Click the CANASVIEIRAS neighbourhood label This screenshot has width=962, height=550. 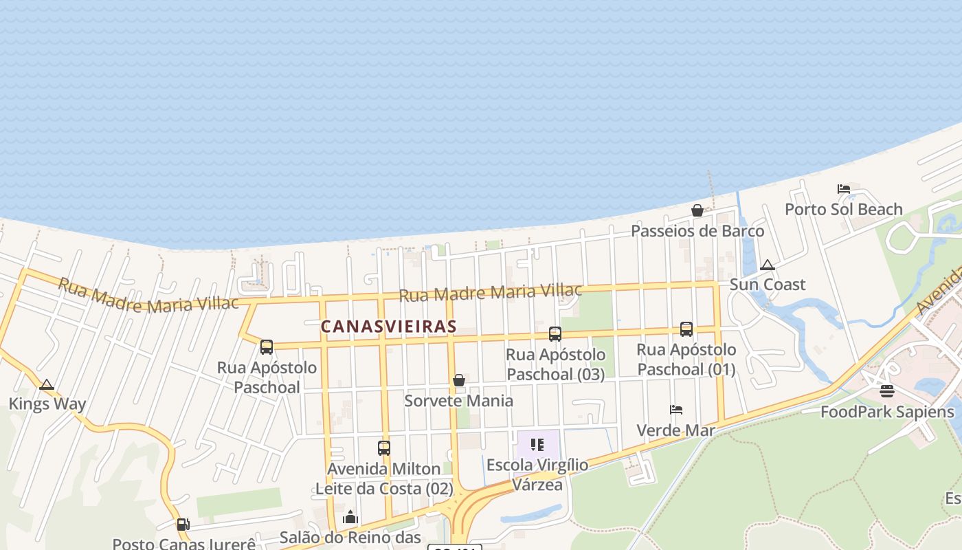[x=389, y=326]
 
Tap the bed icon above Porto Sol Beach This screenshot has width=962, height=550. [x=844, y=189]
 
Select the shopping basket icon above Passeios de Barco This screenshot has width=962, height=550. [x=697, y=210]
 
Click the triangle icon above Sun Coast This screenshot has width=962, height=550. [x=768, y=265]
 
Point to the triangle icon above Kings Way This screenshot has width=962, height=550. [x=47, y=384]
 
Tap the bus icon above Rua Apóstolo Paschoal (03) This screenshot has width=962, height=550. [x=555, y=334]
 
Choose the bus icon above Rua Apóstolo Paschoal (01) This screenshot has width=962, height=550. [x=686, y=329]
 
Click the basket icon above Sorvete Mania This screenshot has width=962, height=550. [x=459, y=380]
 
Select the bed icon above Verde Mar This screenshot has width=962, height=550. [x=676, y=410]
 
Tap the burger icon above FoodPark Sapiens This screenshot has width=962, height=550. [x=887, y=392]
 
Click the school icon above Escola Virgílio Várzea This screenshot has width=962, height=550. [x=537, y=445]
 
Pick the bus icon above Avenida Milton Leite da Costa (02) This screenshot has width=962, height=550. [x=384, y=448]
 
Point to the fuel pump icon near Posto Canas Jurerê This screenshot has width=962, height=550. [x=183, y=525]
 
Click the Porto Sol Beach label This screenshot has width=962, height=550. [x=844, y=209]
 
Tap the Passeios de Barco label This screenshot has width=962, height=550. [x=697, y=230]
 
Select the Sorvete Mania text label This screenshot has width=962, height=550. [x=458, y=400]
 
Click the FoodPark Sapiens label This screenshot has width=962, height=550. [x=887, y=412]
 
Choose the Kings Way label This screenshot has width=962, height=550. [x=47, y=404]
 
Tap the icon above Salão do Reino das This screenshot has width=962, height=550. [x=350, y=517]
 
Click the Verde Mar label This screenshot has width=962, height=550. [x=676, y=430]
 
